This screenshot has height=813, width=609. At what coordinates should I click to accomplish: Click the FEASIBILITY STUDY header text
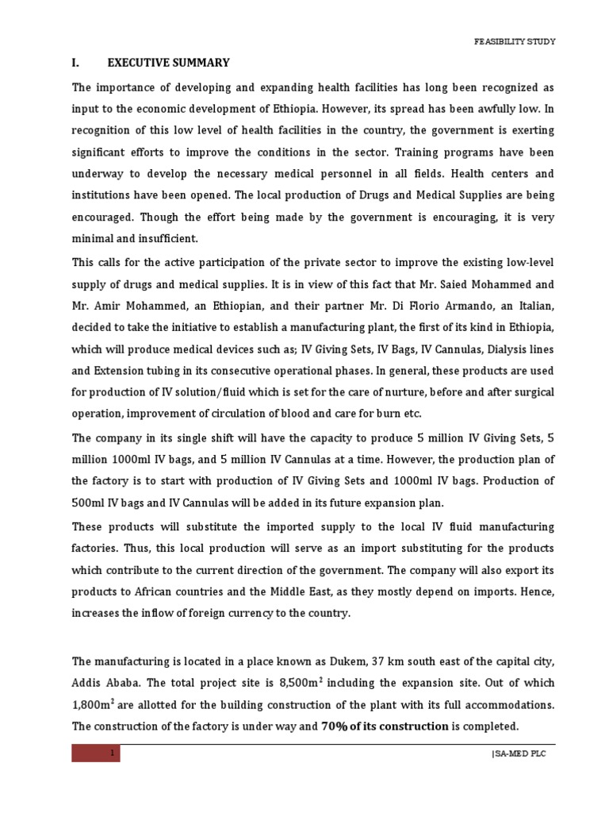514,42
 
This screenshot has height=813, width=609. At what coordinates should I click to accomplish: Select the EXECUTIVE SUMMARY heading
169,63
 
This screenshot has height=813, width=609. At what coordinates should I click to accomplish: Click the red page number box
95,753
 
